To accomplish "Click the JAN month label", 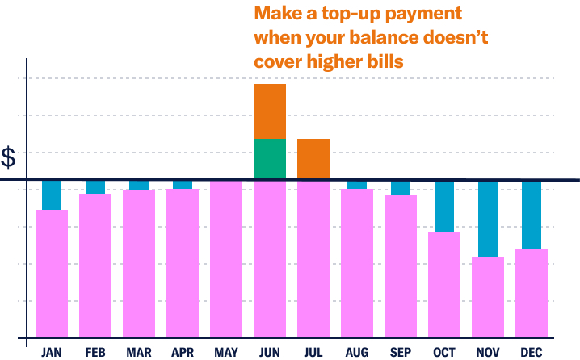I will (x=52, y=352).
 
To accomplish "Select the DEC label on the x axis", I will (x=532, y=352).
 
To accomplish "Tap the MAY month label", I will (x=226, y=352).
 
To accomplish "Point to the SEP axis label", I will (x=401, y=352).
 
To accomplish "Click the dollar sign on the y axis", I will (x=9, y=158).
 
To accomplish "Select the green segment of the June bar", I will (x=270, y=159).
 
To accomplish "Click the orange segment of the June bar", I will (x=270, y=111).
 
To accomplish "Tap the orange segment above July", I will (x=313, y=159).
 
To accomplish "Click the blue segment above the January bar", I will (x=52, y=195).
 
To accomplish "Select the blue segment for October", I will (x=444, y=207).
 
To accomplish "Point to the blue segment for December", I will (x=532, y=215).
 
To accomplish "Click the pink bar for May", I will (x=226, y=258).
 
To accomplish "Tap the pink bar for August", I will (x=357, y=262).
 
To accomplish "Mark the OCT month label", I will (x=444, y=352).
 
